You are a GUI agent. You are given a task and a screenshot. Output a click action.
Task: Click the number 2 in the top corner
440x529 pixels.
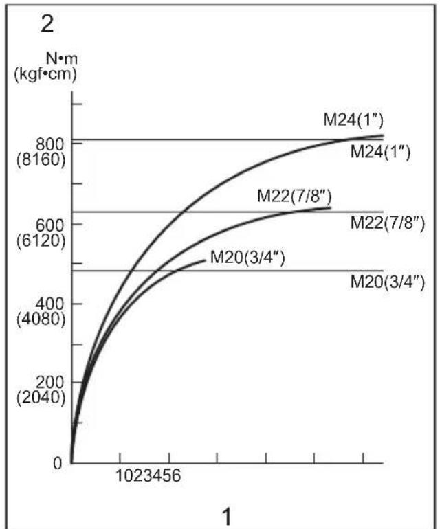47,25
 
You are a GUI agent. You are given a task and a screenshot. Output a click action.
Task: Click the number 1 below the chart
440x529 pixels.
228,517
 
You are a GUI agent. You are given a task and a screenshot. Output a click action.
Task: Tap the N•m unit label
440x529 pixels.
61,58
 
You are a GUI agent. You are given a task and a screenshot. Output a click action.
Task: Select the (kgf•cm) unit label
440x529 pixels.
45,74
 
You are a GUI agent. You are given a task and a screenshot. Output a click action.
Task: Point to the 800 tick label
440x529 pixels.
50,144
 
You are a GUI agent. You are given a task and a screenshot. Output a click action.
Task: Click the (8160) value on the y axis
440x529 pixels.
41,159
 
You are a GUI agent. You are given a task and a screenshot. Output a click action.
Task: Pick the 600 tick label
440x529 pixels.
50,225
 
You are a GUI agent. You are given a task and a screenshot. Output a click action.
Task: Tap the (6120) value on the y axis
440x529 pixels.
41,240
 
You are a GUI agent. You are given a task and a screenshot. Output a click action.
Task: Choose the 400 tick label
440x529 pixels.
50,304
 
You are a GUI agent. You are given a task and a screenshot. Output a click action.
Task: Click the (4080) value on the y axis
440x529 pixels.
41,319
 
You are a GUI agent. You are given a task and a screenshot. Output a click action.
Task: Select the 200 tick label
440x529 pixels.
50,383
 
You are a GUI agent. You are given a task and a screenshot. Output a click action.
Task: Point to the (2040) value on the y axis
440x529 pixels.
41,398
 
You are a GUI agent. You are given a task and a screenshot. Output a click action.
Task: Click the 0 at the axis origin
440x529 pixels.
58,464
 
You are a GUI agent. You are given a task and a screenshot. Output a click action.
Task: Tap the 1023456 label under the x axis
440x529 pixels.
148,475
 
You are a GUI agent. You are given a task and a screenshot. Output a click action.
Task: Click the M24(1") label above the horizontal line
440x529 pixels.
353,120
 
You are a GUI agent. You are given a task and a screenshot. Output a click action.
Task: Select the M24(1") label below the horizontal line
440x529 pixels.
381,152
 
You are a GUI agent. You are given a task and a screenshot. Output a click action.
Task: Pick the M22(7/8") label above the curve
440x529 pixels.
294,196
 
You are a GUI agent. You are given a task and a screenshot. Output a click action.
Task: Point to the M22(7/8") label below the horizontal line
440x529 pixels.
388,223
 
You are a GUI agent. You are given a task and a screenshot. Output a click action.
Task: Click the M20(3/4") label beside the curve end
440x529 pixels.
247,258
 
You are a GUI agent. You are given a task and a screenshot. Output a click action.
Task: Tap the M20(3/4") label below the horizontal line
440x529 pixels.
388,282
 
